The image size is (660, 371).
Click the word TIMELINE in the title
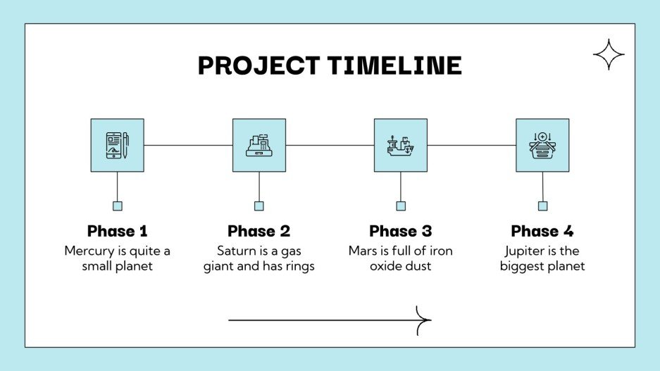(394, 65)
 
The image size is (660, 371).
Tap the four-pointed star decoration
(609, 55)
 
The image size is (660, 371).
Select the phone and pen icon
(118, 145)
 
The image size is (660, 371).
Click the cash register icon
(259, 145)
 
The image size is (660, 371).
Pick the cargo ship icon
(400, 146)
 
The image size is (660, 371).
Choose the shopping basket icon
(542, 146)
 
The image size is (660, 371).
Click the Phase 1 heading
(118, 231)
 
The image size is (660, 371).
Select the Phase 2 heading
(259, 231)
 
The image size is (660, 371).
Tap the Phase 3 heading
(400, 231)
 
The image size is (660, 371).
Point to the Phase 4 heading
(542, 231)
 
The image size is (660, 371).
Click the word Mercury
(89, 251)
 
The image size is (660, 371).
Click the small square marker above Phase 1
(118, 206)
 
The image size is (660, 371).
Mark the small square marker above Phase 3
(401, 206)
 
